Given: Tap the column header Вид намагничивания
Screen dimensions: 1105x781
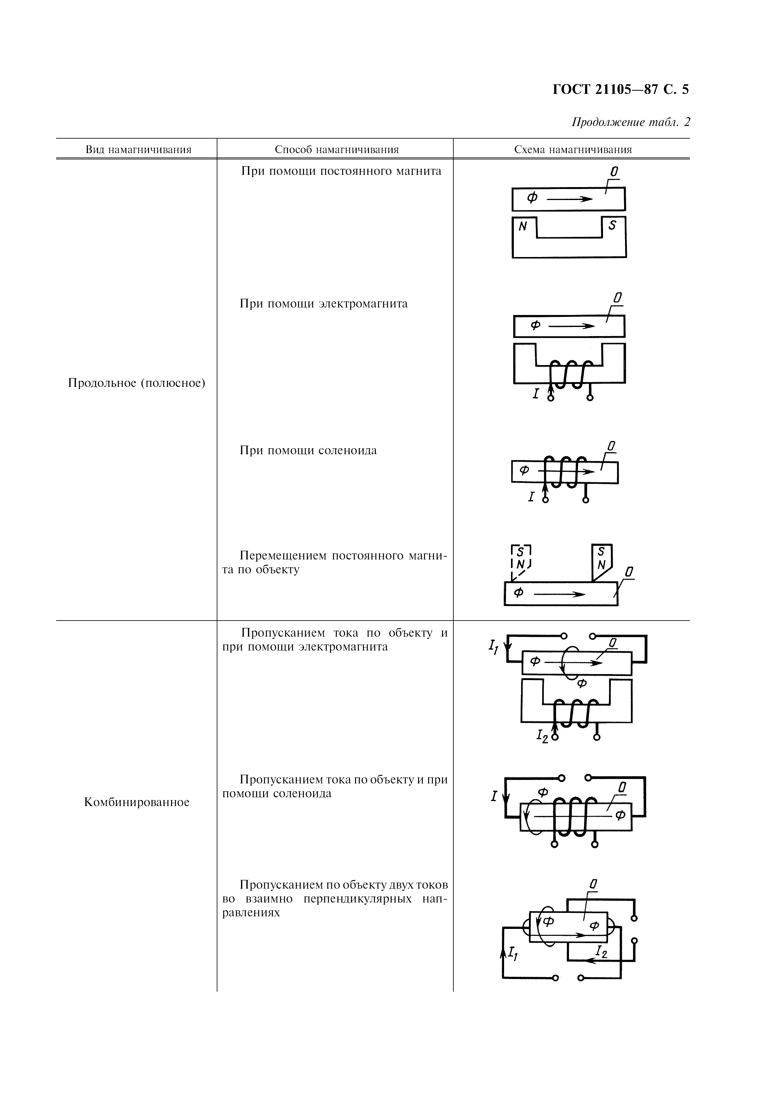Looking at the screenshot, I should [139, 150].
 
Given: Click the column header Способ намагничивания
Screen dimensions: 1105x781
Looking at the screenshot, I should [337, 150].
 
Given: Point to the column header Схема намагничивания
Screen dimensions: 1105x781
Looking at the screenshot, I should [573, 150].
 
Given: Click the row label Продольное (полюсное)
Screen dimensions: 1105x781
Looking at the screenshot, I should [137, 383].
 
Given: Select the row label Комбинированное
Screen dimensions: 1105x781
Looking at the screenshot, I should [137, 802].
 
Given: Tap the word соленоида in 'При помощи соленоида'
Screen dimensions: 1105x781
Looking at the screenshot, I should [348, 450].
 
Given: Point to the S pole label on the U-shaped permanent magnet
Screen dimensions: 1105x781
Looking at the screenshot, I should [612, 225].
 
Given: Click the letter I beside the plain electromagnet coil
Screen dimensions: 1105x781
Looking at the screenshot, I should [536, 394].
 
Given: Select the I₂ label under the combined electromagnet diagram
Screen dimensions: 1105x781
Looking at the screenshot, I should [542, 736].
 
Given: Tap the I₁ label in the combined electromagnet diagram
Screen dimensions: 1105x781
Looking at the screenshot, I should [493, 647].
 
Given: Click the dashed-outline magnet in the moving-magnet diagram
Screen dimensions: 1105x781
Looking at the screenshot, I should [521, 558].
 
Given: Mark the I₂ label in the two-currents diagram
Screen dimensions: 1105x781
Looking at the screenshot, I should [601, 951].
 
